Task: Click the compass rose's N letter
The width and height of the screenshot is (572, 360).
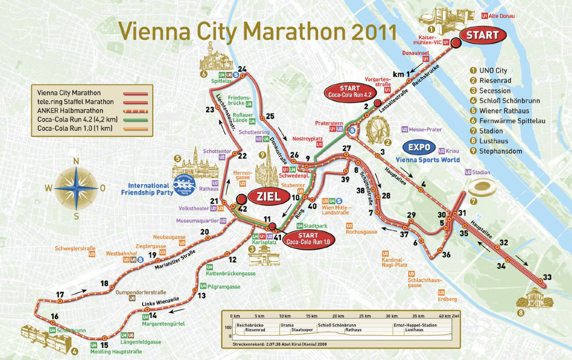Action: tap(76, 161)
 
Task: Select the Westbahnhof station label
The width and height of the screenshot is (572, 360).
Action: tap(122, 253)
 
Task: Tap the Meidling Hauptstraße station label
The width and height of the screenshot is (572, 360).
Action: tap(115, 352)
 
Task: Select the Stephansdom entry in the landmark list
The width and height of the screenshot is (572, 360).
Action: tap(497, 151)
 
